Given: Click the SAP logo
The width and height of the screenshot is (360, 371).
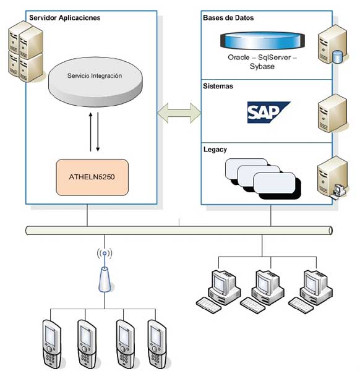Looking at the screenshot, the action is (x=268, y=113).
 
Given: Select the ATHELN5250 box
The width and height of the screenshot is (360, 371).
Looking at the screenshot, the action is (x=92, y=177).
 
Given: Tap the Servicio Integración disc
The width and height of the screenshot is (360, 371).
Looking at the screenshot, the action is (x=95, y=82).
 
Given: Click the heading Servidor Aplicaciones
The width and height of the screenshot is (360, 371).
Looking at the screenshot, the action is (x=64, y=18).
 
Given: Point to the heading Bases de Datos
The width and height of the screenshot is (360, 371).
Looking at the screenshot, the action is (x=228, y=18).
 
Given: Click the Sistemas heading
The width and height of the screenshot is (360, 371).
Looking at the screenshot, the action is (x=218, y=86).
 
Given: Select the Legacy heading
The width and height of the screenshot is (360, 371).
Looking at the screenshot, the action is (x=215, y=150).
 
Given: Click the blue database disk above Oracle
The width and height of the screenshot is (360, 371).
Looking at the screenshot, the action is (x=262, y=41).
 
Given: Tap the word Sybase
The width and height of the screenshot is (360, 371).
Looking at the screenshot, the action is (x=262, y=67).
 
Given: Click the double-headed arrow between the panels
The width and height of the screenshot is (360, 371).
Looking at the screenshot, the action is (x=179, y=113).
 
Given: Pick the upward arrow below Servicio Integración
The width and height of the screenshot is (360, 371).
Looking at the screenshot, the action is (x=90, y=132).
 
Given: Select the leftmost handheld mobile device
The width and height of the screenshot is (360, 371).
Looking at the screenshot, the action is (x=51, y=344).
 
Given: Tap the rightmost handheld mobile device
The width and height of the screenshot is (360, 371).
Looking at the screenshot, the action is (x=156, y=344).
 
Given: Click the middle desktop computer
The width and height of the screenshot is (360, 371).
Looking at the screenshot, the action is (x=262, y=291).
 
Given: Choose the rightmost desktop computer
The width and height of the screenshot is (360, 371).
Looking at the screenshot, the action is (x=311, y=291).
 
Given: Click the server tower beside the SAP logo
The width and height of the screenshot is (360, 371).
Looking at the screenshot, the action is (x=332, y=113).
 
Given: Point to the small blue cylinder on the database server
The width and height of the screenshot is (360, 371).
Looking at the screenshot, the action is (x=337, y=57).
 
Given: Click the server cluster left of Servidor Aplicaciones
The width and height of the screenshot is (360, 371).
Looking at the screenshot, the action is (x=26, y=51).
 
